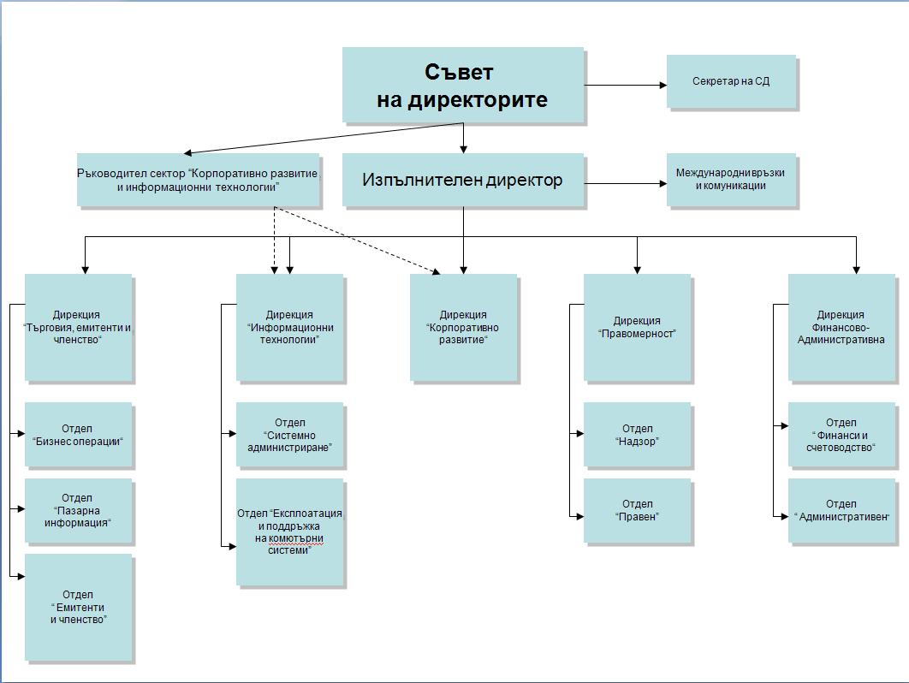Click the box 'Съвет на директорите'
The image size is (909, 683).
(x=463, y=85)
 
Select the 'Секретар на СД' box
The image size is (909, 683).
(x=731, y=81)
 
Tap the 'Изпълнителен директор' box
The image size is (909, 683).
(x=463, y=181)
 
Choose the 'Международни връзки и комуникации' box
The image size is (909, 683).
(x=731, y=179)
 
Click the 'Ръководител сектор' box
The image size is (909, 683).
(x=198, y=180)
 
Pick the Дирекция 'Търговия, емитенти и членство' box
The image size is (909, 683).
(x=79, y=327)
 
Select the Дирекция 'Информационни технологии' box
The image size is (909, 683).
(x=289, y=327)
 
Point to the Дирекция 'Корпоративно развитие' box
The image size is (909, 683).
(x=463, y=327)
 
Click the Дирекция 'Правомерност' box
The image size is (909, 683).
(x=637, y=327)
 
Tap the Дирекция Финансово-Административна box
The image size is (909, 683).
(x=841, y=327)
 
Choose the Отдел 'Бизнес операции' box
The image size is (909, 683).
(x=79, y=435)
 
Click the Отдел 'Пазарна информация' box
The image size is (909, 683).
(x=79, y=510)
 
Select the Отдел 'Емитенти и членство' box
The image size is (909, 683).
(x=79, y=607)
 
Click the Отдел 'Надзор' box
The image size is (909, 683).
(x=637, y=435)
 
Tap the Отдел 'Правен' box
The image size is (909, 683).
(x=637, y=510)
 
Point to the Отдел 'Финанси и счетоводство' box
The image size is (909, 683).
(x=841, y=435)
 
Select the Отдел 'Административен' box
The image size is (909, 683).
(x=841, y=510)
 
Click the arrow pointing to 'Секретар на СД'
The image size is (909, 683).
(x=626, y=85)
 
